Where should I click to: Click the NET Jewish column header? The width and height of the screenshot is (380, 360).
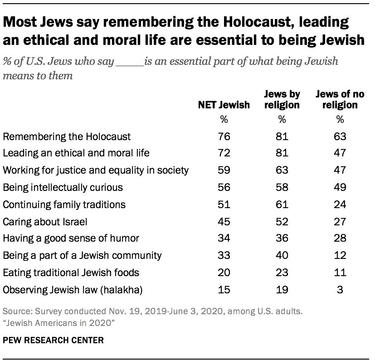tap(223, 105)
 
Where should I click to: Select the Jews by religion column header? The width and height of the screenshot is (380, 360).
tap(282, 100)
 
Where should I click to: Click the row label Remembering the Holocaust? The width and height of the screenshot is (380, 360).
tap(67, 136)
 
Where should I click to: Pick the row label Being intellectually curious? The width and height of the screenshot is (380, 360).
tap(63, 187)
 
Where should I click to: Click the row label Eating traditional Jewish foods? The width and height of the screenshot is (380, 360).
tap(71, 272)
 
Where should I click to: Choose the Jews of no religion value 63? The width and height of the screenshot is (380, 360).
tap(340, 136)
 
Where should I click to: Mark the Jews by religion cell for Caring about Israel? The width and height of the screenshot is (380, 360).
tap(282, 221)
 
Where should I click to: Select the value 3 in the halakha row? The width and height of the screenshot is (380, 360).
tap(340, 290)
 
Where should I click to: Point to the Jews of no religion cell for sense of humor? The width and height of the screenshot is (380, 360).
tap(340, 238)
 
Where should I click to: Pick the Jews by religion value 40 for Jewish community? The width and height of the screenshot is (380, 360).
tap(282, 256)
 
